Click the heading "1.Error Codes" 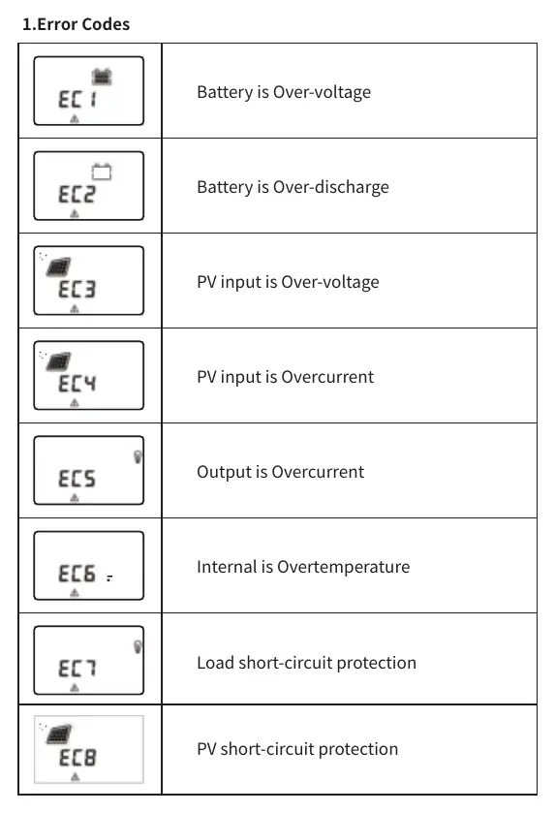76,24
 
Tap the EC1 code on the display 77,99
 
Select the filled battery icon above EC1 102,77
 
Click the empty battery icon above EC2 102,172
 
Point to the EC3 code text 77,289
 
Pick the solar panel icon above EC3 58,266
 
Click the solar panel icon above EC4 58,361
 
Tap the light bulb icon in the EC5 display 138,456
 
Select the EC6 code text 77,574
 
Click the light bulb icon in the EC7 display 138,647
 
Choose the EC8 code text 77,758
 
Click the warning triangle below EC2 75,213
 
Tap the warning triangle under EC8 76,776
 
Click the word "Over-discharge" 331,187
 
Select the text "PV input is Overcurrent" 285,377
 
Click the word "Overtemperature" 344,567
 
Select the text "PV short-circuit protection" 297,749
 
